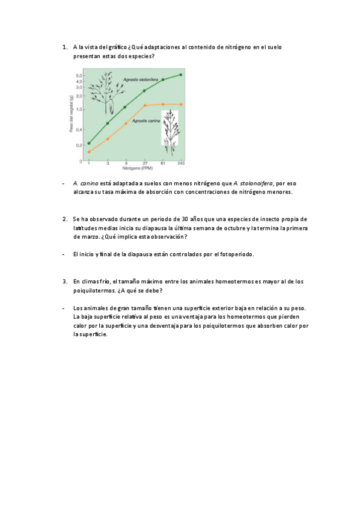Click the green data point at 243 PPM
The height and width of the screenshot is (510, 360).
pos(182,75)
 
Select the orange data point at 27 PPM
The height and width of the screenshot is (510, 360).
pos(145,105)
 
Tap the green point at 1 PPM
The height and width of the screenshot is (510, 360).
pos(89,143)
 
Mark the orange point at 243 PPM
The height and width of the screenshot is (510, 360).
pos(182,104)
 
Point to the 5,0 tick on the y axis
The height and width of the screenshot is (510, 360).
pos(78,75)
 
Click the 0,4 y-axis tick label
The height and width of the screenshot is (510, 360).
pos(78,130)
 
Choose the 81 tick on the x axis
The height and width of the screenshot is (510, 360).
pos(163,164)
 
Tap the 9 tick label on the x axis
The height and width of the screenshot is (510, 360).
pos(126,164)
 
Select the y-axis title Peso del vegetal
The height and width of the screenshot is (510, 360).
pos(71,117)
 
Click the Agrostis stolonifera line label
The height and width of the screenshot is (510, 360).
pos(141,79)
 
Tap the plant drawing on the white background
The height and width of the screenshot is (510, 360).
pos(170,127)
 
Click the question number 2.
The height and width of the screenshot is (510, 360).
pos(64,219)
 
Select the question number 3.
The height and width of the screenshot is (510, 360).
pos(64,281)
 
